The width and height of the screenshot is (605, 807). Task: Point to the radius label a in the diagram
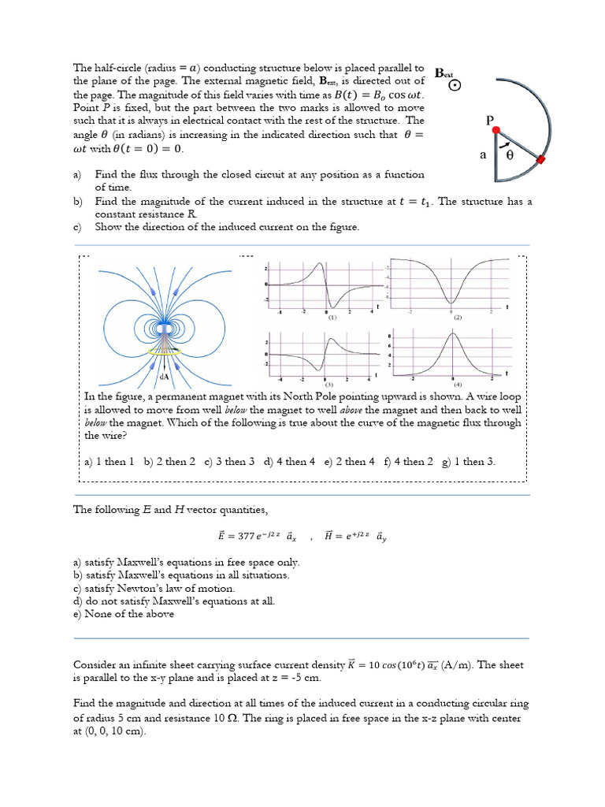click(x=482, y=155)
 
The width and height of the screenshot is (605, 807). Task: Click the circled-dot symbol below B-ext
click(x=455, y=87)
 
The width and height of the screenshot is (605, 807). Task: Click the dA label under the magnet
click(x=165, y=377)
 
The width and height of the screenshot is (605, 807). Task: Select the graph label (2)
click(x=457, y=317)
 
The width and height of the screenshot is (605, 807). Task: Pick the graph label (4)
click(x=458, y=385)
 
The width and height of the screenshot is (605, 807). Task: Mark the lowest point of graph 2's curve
click(x=451, y=302)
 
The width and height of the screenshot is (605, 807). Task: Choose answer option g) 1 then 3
click(x=469, y=462)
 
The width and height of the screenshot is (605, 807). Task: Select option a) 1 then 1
click(x=109, y=462)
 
